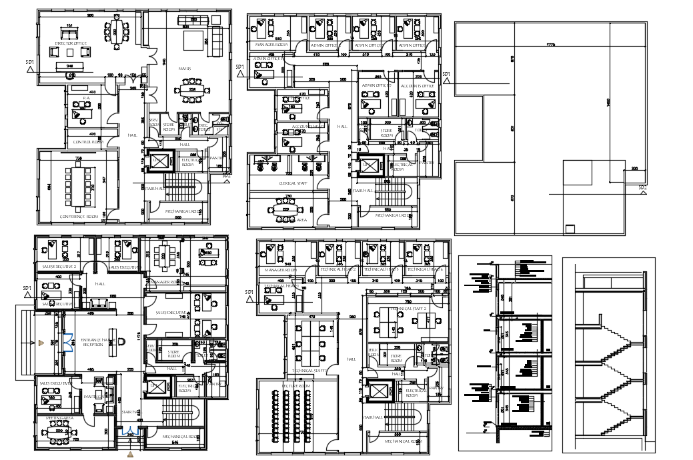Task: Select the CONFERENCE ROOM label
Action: click(79, 216)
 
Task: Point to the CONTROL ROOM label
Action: click(87, 141)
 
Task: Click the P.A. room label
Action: click(87, 98)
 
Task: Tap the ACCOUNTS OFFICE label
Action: click(418, 86)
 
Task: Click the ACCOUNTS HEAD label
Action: click(308, 126)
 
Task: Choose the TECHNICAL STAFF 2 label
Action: click(397, 309)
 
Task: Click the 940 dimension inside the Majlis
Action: click(165, 61)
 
